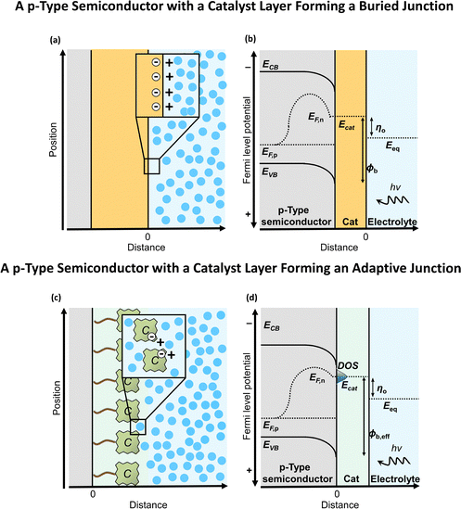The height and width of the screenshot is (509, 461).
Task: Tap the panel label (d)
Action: pos(251,298)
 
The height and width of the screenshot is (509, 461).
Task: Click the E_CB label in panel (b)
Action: pos(271,65)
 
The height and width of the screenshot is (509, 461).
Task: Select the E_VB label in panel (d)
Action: pos(271,446)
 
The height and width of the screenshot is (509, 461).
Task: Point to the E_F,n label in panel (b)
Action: pos(315,117)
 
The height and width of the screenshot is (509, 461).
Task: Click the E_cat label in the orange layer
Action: pos(347,125)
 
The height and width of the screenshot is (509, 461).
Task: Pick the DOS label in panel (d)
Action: pos(348,365)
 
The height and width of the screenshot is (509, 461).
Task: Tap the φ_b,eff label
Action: pos(379,434)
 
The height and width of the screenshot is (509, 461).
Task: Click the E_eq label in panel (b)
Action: pos(392,146)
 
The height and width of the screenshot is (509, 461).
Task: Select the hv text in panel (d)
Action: pos(396,449)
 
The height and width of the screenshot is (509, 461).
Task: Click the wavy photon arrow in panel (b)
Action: pos(392,200)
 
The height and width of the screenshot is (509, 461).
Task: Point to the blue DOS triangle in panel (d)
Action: pos(341,376)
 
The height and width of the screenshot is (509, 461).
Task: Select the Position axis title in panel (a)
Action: pos(53,140)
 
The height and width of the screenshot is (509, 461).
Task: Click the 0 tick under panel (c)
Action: pos(93,494)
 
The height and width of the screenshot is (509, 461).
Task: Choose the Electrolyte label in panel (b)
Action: pos(392,222)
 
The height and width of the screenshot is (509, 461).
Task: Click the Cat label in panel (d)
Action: pos(352,478)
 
